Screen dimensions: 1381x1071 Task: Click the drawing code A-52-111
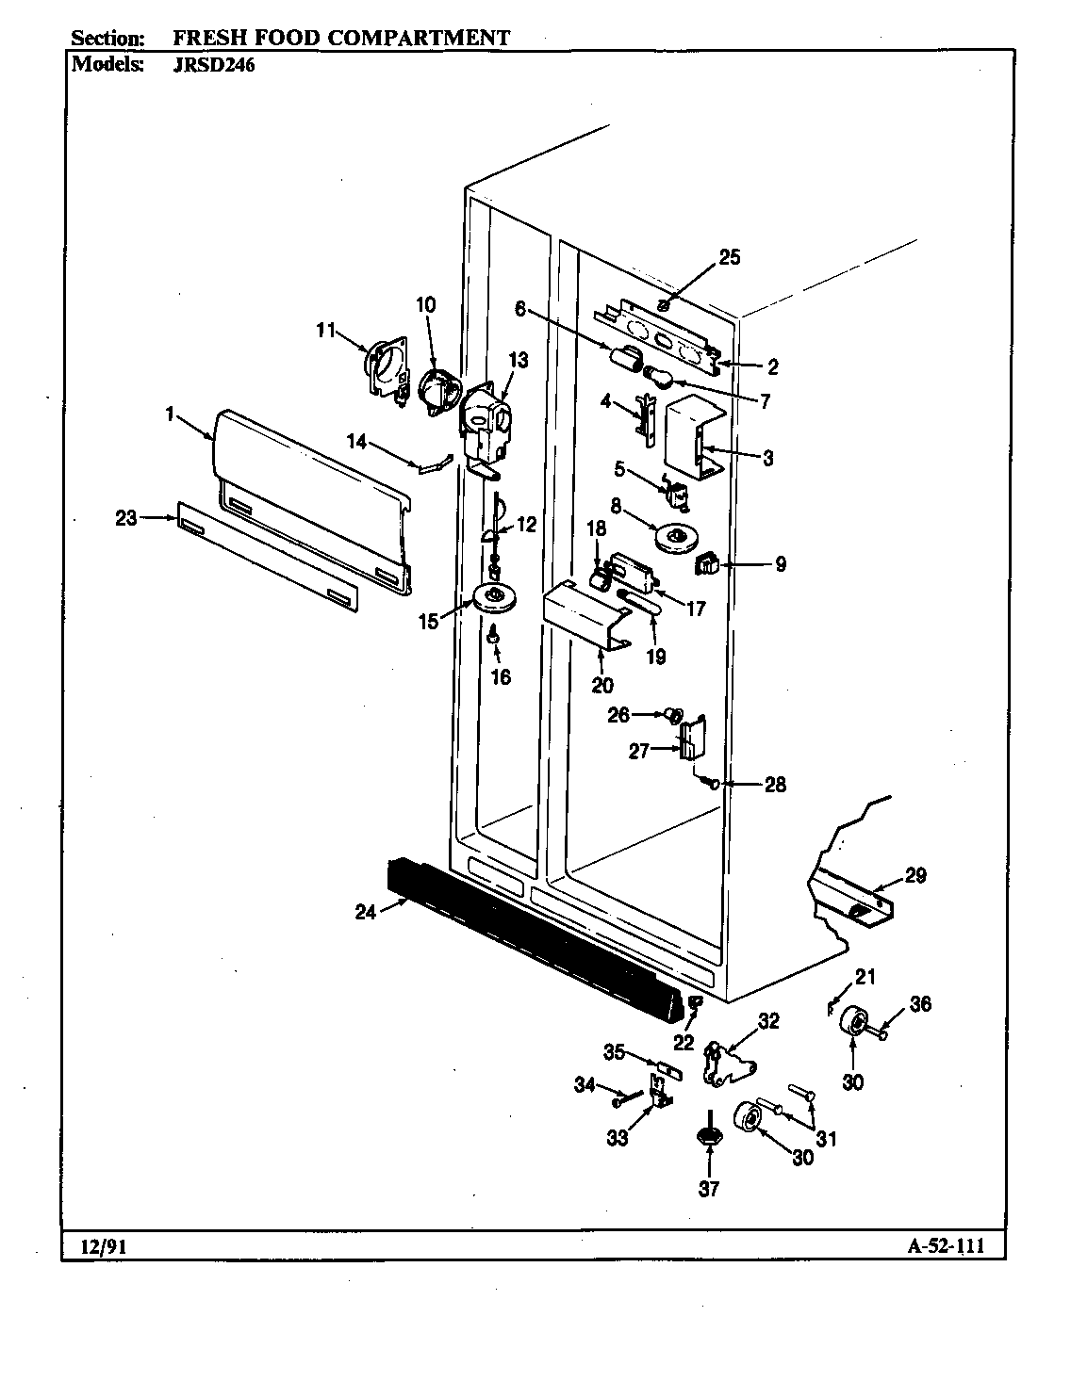click(946, 1246)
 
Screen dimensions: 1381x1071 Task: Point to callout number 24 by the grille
click(366, 911)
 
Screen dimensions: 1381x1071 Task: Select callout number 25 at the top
click(730, 258)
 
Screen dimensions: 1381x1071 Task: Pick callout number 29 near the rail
click(915, 876)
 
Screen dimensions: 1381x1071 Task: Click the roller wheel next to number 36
click(856, 1020)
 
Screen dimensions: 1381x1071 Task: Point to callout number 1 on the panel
click(171, 414)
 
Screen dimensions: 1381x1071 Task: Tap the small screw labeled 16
click(493, 640)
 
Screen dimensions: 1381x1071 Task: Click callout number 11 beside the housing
click(325, 330)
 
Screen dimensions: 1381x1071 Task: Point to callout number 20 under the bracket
click(602, 685)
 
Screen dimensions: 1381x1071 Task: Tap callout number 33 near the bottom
click(617, 1138)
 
